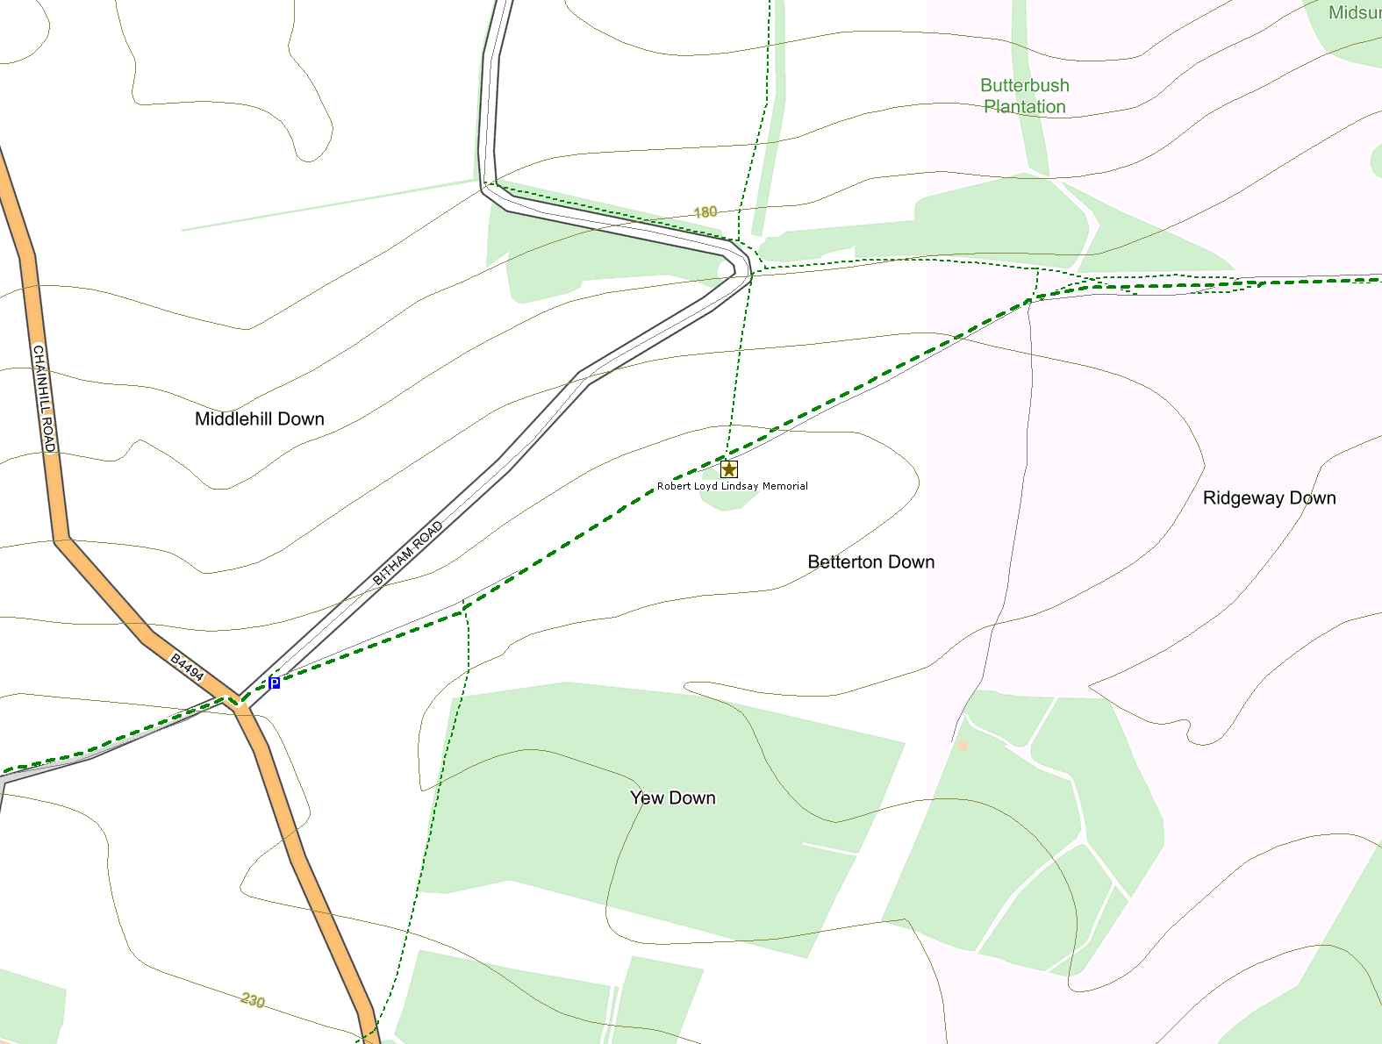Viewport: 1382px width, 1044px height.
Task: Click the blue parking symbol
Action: click(275, 683)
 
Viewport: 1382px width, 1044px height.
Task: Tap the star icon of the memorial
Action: click(728, 469)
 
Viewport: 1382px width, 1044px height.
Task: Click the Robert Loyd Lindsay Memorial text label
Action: click(732, 486)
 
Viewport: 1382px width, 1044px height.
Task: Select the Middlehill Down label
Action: click(259, 419)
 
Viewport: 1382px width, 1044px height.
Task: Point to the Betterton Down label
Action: click(870, 561)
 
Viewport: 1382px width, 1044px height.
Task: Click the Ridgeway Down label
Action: click(1269, 498)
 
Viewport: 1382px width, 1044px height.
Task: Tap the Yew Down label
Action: click(672, 797)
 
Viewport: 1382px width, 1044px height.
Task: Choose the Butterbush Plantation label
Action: click(1024, 96)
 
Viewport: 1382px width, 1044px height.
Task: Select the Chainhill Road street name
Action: click(44, 398)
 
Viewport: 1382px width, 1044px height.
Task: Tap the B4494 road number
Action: click(187, 668)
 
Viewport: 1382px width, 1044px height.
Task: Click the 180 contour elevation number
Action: click(705, 211)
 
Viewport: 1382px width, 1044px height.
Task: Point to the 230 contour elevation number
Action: click(252, 1000)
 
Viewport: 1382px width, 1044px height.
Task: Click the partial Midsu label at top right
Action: click(1354, 12)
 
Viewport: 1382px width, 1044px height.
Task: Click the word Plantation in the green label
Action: click(1024, 107)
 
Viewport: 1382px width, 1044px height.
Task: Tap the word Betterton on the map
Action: click(844, 561)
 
